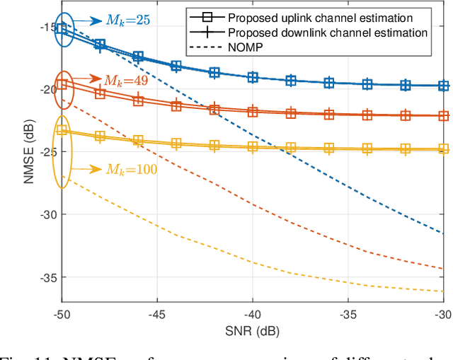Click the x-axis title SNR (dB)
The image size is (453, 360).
[x=253, y=329]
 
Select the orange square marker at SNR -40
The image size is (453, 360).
[x=253, y=111]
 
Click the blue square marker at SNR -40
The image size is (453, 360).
[x=253, y=78]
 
